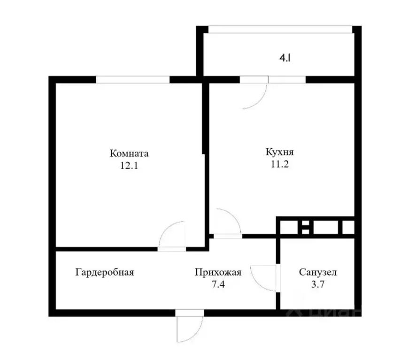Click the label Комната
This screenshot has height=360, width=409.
pyautogui.click(x=129, y=153)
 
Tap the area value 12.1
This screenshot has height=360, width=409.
pyautogui.click(x=129, y=165)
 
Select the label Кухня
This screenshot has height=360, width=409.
pyautogui.click(x=279, y=153)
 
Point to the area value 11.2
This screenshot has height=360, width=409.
pyautogui.click(x=279, y=164)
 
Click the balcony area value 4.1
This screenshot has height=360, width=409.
pyautogui.click(x=285, y=59)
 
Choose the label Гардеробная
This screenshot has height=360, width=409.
pyautogui.click(x=105, y=272)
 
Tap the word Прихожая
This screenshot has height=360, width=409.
pyautogui.click(x=218, y=272)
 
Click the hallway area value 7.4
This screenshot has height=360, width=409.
pyautogui.click(x=218, y=283)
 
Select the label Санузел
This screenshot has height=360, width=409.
pyautogui.click(x=317, y=272)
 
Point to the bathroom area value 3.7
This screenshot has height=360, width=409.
pyautogui.click(x=317, y=283)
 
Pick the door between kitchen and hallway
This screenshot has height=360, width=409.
pyautogui.click(x=227, y=223)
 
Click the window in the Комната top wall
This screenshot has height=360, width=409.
pyautogui.click(x=132, y=80)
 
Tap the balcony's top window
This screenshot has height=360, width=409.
pyautogui.click(x=280, y=29)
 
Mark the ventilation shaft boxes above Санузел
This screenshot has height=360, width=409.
pyautogui.click(x=316, y=227)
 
